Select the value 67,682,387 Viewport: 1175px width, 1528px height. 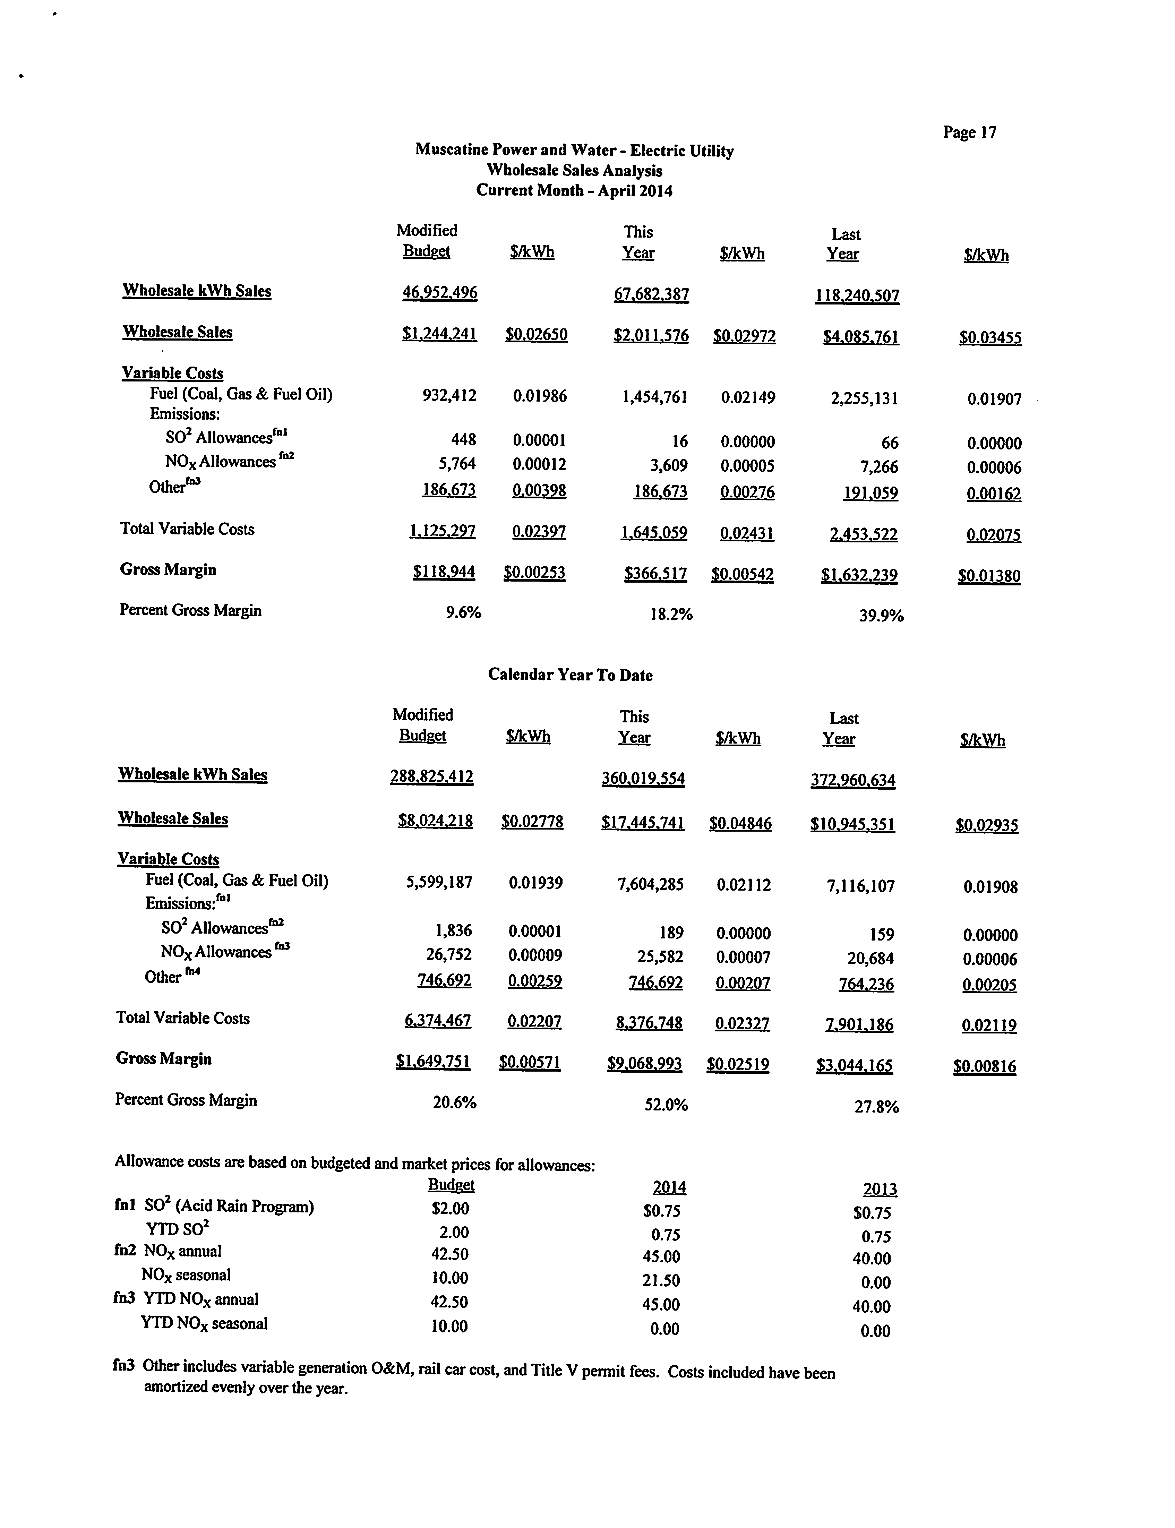coord(651,294)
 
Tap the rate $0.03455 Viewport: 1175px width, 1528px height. coord(990,338)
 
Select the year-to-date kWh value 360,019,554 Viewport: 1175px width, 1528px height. coord(643,778)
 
